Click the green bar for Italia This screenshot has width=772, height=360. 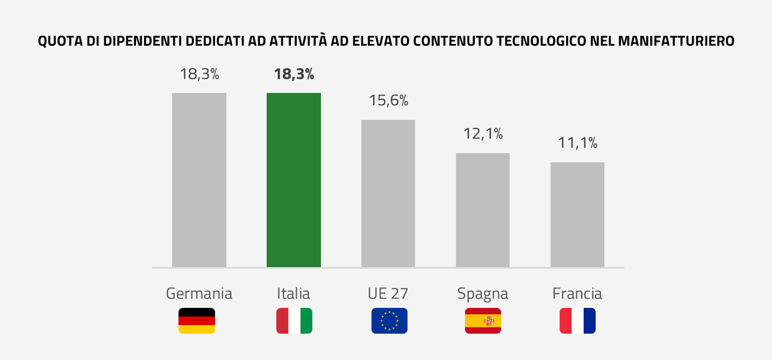[x=294, y=180]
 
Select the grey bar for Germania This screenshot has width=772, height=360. [x=199, y=180]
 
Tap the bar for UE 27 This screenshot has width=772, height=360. [x=388, y=193]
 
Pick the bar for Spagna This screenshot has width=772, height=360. [x=483, y=210]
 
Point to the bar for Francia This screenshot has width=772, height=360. [x=577, y=214]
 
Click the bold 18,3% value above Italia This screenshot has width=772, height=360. [x=294, y=74]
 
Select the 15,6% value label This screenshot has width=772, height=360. [x=388, y=100]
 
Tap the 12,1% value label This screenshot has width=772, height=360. [x=483, y=134]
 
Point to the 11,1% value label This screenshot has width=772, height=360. [x=577, y=143]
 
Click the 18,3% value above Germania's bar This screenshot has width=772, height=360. [x=199, y=74]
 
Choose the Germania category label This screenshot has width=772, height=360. [x=199, y=294]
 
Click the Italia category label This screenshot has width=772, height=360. [x=294, y=294]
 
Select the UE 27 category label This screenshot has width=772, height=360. [x=388, y=294]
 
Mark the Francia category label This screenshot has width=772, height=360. [x=577, y=294]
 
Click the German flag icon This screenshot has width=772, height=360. [x=197, y=321]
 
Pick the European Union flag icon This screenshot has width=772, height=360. [x=389, y=321]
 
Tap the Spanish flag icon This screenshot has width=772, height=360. [x=483, y=321]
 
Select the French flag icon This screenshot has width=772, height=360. [x=577, y=321]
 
